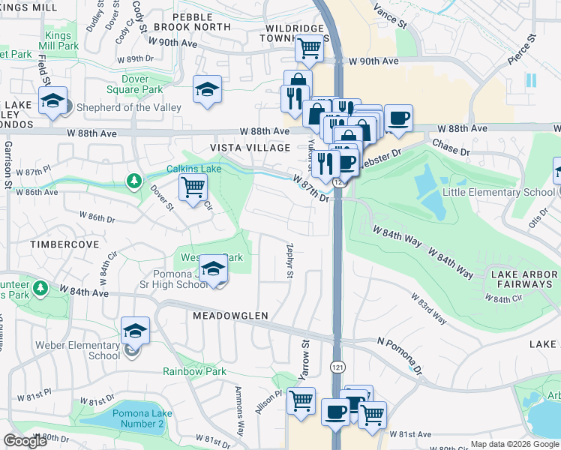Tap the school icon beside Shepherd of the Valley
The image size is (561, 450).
click(x=52, y=102)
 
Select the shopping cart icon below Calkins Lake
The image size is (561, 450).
click(x=193, y=187)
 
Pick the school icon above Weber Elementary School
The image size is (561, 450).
click(x=135, y=331)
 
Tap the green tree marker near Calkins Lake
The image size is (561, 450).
click(x=134, y=180)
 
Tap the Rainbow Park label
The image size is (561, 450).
click(x=194, y=371)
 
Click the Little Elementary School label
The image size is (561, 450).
click(x=487, y=193)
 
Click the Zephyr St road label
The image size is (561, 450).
click(x=289, y=261)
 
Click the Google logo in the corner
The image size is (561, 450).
click(x=25, y=441)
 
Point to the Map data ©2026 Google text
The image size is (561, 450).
click(x=514, y=444)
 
